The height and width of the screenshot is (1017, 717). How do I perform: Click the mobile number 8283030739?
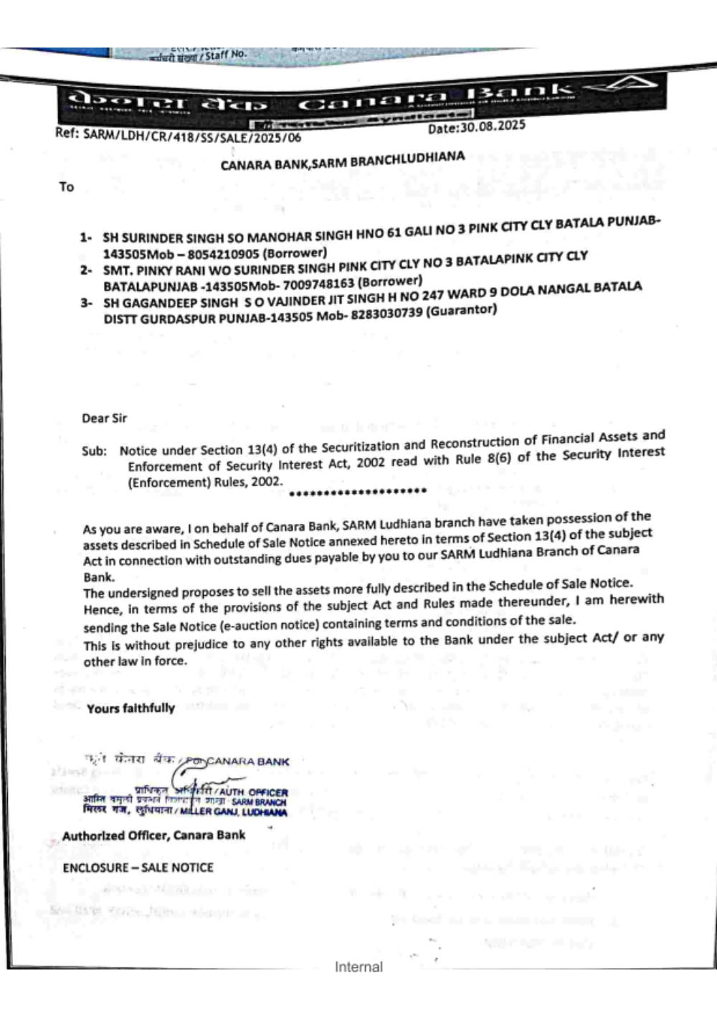pos(386,314)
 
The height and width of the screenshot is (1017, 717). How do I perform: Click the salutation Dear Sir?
pos(104,418)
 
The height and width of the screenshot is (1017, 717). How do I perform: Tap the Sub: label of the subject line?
pos(94,451)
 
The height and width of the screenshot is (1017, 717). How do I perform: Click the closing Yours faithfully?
pos(130,708)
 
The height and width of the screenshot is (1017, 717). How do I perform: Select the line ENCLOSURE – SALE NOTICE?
pos(138,868)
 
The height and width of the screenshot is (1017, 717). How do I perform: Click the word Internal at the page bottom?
pos(358,967)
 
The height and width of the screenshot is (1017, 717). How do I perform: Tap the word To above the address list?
pos(67,187)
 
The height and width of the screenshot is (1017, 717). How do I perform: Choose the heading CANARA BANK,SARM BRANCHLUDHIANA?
pos(342,161)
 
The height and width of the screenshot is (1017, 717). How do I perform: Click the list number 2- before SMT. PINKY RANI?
pos(86,271)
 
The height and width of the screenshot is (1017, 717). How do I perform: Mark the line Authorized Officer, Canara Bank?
pos(153,835)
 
